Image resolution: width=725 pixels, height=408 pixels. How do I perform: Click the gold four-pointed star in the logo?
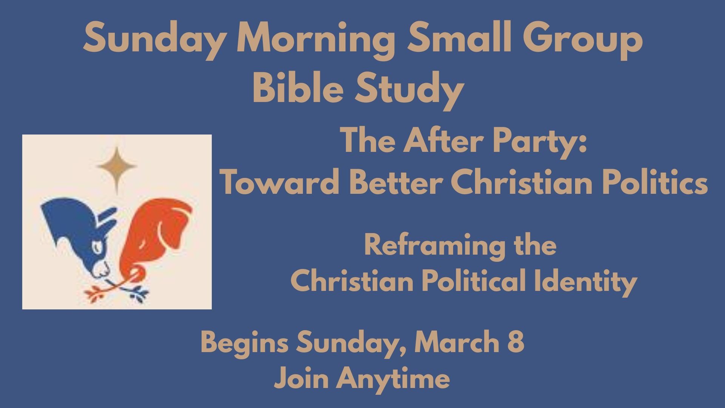[x=116, y=167]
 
